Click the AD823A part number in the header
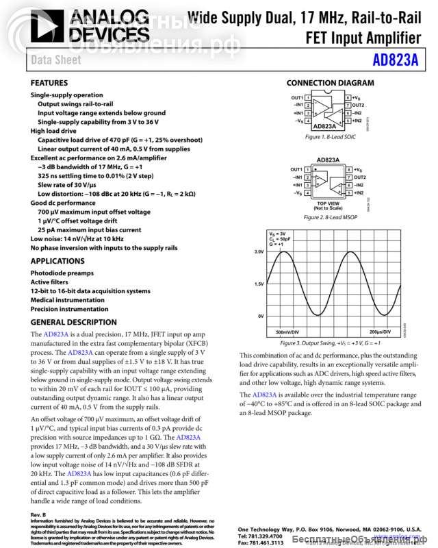click(x=396, y=60)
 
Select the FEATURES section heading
click(x=49, y=83)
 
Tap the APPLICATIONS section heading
click(x=57, y=261)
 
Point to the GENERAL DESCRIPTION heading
click(x=74, y=322)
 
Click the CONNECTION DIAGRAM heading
click(x=331, y=83)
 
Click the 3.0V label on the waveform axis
click(x=259, y=252)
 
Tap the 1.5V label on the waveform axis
click(x=259, y=284)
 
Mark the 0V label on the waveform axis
click(x=261, y=316)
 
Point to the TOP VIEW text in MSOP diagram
click(x=328, y=203)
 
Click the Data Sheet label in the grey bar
click(x=56, y=60)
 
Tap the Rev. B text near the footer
click(x=38, y=514)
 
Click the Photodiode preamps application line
click(x=62, y=273)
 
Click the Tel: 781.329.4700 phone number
click(x=260, y=536)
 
